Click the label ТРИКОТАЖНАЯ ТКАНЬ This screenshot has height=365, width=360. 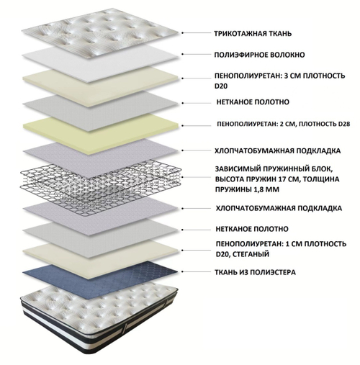click(253, 33)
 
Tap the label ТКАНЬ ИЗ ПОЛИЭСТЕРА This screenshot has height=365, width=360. click(256, 272)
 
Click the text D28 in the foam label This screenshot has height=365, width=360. click(344, 124)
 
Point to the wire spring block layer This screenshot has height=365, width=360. click(100, 186)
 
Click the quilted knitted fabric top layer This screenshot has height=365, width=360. click(100, 33)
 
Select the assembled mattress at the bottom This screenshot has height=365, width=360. click(99, 319)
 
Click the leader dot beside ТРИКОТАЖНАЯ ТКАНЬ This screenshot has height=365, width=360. click(182, 33)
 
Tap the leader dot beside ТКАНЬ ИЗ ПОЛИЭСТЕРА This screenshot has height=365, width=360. click(182, 272)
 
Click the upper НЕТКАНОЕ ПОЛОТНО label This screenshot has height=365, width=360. click(253, 102)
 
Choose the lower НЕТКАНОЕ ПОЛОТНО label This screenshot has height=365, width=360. click(252, 229)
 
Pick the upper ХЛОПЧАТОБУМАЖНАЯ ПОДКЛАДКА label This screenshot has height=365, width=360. click(278, 150)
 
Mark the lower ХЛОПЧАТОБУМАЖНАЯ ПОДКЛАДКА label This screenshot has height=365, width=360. click(279, 208)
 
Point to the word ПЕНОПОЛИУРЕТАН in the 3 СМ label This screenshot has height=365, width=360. click(248, 76)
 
